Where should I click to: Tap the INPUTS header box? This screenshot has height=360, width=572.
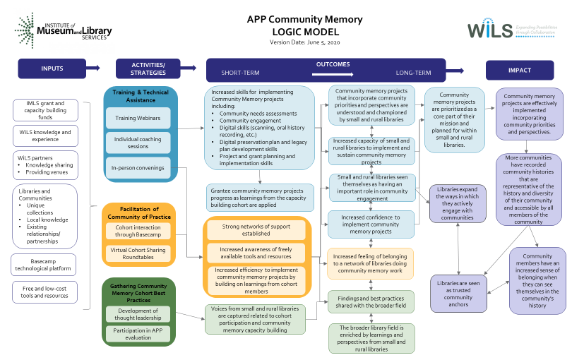point(52,68)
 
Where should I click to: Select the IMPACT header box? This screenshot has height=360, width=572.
point(519,70)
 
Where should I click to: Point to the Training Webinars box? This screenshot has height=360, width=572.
point(138,118)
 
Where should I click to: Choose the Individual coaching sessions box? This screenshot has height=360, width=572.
point(138,143)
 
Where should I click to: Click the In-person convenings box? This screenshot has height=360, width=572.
point(138,167)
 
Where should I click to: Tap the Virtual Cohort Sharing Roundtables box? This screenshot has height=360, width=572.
point(138,253)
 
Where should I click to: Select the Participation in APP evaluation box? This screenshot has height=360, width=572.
point(138,333)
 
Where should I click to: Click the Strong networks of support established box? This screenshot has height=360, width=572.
point(257,229)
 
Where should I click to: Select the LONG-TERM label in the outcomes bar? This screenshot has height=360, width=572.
point(413,73)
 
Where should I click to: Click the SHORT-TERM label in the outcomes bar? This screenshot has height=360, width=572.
point(239,73)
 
